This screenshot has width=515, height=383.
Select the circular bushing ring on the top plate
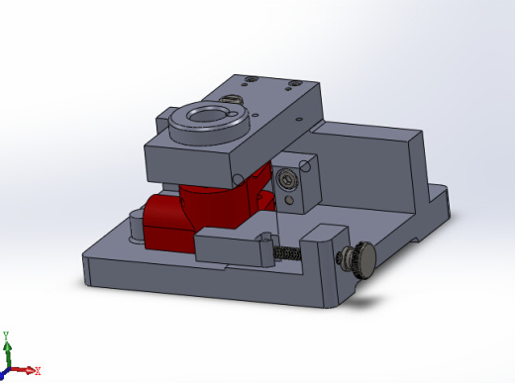tap(205, 123)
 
